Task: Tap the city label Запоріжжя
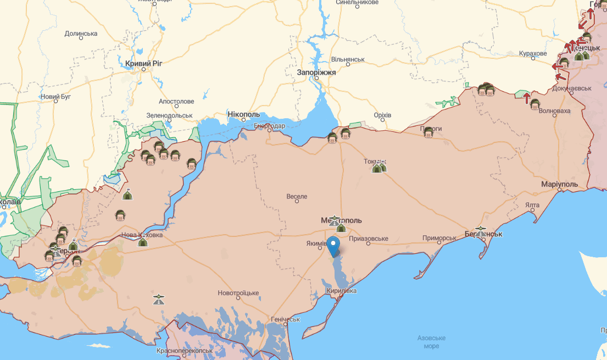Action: point(316,72)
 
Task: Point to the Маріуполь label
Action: point(559,184)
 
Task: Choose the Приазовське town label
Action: point(369,239)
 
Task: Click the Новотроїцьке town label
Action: point(238,293)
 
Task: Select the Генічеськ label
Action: point(286,319)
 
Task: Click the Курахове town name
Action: point(533,53)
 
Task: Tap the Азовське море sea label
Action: point(431,341)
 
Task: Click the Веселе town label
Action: point(297,196)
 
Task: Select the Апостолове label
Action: point(176,102)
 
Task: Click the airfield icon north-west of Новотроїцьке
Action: point(159,300)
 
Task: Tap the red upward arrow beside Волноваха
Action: point(526,98)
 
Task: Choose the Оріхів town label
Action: point(382,115)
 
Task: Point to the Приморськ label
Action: point(439,238)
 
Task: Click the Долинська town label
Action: point(81,34)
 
